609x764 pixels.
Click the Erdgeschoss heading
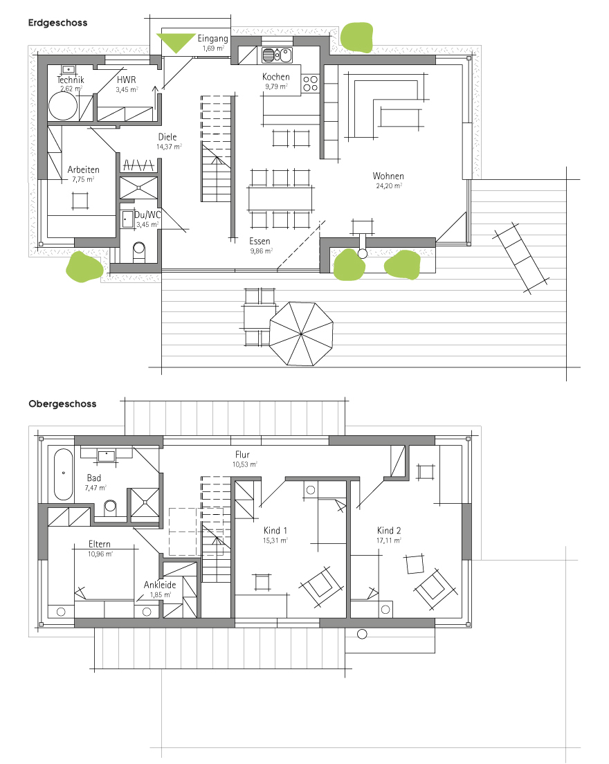[x=57, y=22]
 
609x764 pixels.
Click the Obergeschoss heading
[x=62, y=404]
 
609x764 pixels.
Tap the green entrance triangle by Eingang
[x=176, y=42]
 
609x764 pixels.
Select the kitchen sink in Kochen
[x=277, y=55]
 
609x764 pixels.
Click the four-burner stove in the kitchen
[x=310, y=83]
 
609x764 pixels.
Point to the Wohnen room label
[x=388, y=176]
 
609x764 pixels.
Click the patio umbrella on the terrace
[x=301, y=334]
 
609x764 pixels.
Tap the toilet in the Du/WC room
[x=139, y=253]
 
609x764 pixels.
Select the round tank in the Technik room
[x=63, y=106]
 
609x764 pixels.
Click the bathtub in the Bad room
[x=64, y=475]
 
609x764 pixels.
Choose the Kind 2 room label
[x=389, y=531]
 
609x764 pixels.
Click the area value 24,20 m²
[x=389, y=185]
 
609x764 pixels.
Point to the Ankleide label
[x=160, y=585]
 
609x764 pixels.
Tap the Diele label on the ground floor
[x=167, y=137]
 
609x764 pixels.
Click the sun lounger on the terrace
[x=520, y=258]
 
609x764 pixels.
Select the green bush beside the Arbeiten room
[x=84, y=266]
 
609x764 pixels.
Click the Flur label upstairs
[x=242, y=455]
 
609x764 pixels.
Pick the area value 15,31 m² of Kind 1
[x=275, y=540]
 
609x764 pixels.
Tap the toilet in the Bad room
[x=111, y=508]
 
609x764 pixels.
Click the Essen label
[x=260, y=242]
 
